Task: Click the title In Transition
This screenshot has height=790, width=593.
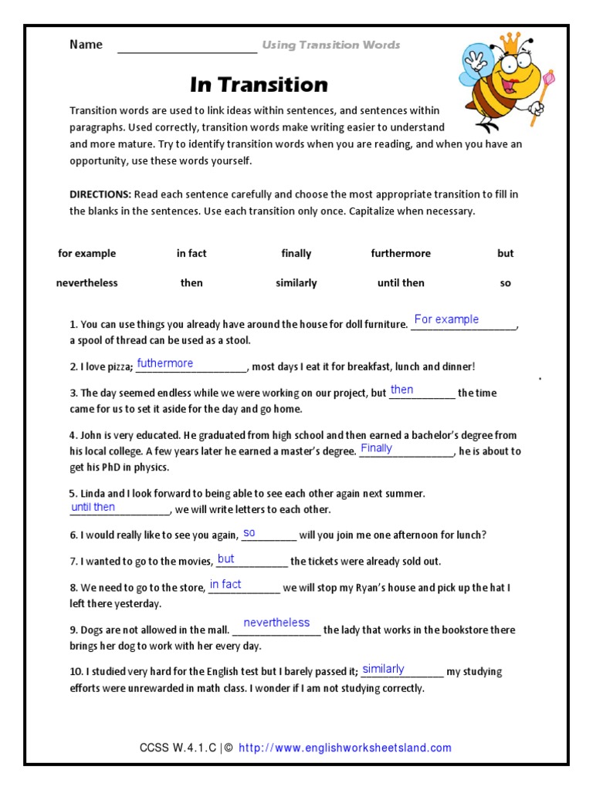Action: [x=259, y=84]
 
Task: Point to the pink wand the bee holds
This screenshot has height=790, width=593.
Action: [x=549, y=79]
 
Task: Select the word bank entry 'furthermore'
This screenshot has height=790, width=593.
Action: [x=401, y=253]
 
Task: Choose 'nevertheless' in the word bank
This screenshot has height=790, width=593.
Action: [x=86, y=283]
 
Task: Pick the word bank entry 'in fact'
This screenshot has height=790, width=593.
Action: [x=191, y=253]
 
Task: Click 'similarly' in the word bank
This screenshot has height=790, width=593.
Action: [x=296, y=283]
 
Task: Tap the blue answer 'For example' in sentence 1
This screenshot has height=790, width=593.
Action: [x=446, y=319]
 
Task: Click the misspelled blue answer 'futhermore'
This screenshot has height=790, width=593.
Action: [x=165, y=363]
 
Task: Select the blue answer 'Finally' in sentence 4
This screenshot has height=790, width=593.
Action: [x=377, y=448]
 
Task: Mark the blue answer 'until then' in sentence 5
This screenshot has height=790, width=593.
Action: [x=93, y=507]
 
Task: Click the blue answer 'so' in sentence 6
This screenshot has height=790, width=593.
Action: [x=249, y=533]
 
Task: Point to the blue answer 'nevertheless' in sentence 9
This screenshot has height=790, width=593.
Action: [x=276, y=623]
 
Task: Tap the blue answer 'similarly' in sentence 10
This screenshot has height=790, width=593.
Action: [x=383, y=669]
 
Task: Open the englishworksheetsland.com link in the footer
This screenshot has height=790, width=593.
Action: [x=345, y=748]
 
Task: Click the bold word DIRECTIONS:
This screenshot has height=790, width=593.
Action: [x=100, y=194]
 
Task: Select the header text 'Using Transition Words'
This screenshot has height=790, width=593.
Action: [x=331, y=45]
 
